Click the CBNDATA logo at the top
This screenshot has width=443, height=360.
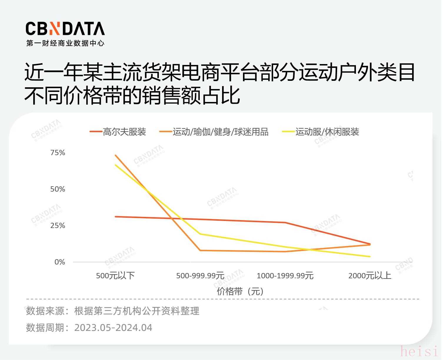(65, 29)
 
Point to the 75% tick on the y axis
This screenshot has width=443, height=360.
(58, 153)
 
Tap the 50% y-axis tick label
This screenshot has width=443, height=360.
(58, 189)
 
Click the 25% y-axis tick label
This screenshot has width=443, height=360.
(58, 226)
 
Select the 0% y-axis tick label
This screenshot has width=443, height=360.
(60, 262)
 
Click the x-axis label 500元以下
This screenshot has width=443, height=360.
(115, 276)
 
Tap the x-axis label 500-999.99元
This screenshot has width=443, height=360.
(200, 276)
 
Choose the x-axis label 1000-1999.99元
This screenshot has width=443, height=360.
(285, 276)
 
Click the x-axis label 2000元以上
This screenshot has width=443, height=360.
(370, 276)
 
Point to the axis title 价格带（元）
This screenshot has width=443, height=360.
(240, 291)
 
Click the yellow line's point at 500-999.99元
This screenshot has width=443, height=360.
(200, 234)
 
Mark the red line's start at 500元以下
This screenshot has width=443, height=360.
(115, 217)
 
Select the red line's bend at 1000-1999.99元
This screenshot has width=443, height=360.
(285, 222)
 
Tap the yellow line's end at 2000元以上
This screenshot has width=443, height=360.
(370, 257)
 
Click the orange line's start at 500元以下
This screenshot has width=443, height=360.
(115, 155)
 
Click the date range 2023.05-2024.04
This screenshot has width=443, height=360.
(113, 328)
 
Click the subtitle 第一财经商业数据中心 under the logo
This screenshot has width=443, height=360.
(65, 43)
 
